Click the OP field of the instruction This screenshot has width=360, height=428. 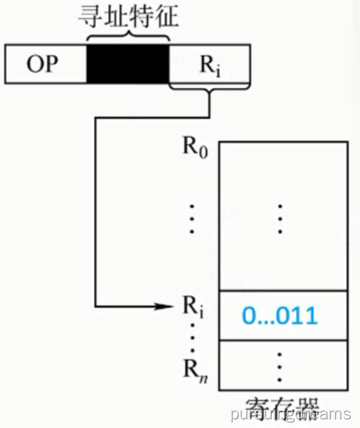tap(43, 64)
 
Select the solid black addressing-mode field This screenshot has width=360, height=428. tap(127, 64)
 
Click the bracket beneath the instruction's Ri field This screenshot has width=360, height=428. tap(209, 90)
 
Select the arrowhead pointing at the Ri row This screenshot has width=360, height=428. tap(165, 305)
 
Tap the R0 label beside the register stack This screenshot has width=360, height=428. tap(195, 147)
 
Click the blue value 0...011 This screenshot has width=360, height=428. tap(280, 316)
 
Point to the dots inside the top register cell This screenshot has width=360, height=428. tap(280, 218)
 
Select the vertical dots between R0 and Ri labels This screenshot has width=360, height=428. tap(193, 218)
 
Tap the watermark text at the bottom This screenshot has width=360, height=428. tap(290, 414)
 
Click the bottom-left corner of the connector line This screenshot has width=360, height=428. tap(95, 305)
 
